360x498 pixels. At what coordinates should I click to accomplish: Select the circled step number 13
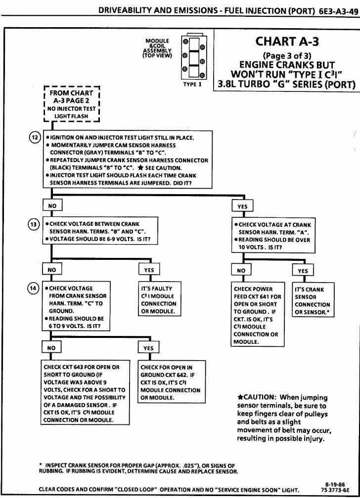pos(34,224)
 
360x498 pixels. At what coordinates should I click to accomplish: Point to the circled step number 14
pos(34,289)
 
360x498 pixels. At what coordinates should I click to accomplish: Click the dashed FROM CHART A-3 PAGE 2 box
pos(72,104)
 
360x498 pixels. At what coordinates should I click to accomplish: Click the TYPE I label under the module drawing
pos(193,84)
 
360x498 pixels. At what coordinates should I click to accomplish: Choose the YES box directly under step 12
pos(242,206)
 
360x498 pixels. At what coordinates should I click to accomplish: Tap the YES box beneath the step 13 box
pos(149,270)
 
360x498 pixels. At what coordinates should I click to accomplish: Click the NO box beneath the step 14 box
pos(51,348)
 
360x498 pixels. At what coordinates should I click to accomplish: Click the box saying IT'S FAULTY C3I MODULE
pos(159,299)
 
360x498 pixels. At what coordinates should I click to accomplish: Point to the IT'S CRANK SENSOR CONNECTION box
pos(314,300)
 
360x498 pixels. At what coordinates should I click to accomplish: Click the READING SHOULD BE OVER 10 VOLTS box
pos(274,236)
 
